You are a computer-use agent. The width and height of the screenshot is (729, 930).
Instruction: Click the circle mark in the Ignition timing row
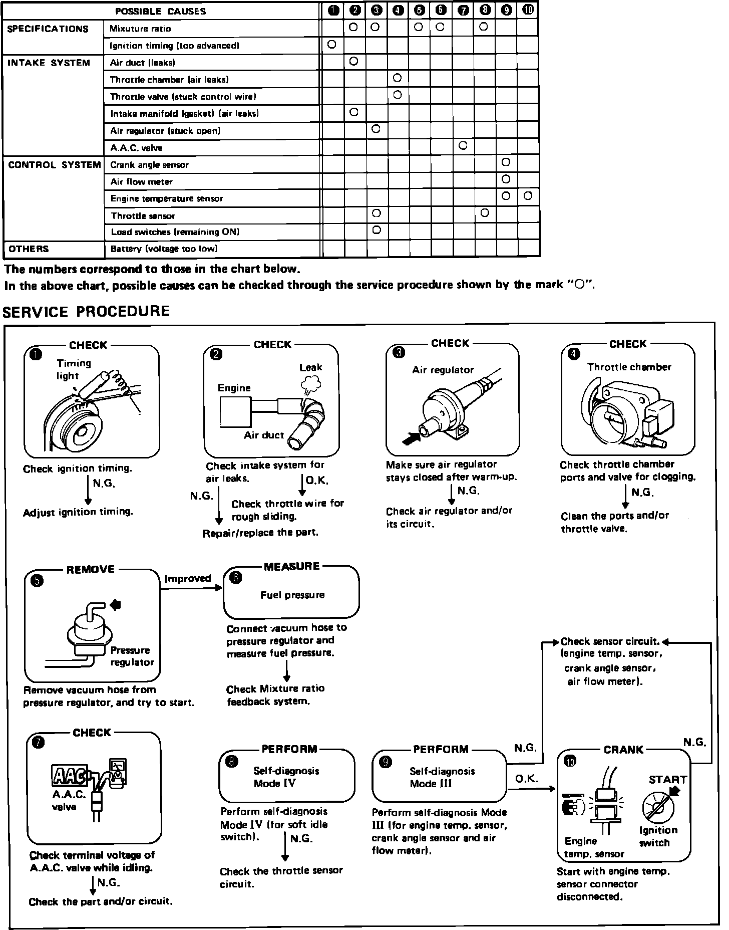pyautogui.click(x=331, y=44)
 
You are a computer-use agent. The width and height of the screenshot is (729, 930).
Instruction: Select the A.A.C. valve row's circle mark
pyautogui.click(x=463, y=145)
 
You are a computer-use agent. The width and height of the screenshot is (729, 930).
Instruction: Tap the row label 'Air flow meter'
pyautogui.click(x=142, y=181)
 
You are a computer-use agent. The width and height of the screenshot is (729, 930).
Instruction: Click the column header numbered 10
pyautogui.click(x=528, y=10)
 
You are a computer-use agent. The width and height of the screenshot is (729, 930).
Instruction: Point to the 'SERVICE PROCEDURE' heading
pyautogui.click(x=86, y=312)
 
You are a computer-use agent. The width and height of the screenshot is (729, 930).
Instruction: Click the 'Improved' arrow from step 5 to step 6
pyautogui.click(x=191, y=588)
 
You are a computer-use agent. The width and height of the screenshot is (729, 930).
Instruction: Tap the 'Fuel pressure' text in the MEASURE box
pyautogui.click(x=292, y=595)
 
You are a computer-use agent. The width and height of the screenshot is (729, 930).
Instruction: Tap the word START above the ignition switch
pyautogui.click(x=668, y=779)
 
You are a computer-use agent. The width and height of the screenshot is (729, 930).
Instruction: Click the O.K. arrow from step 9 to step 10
pyautogui.click(x=532, y=789)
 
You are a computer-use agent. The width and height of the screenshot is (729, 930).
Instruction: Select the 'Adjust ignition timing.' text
pyautogui.click(x=78, y=512)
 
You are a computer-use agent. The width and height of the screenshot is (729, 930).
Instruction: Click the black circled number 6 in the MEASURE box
pyautogui.click(x=235, y=578)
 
